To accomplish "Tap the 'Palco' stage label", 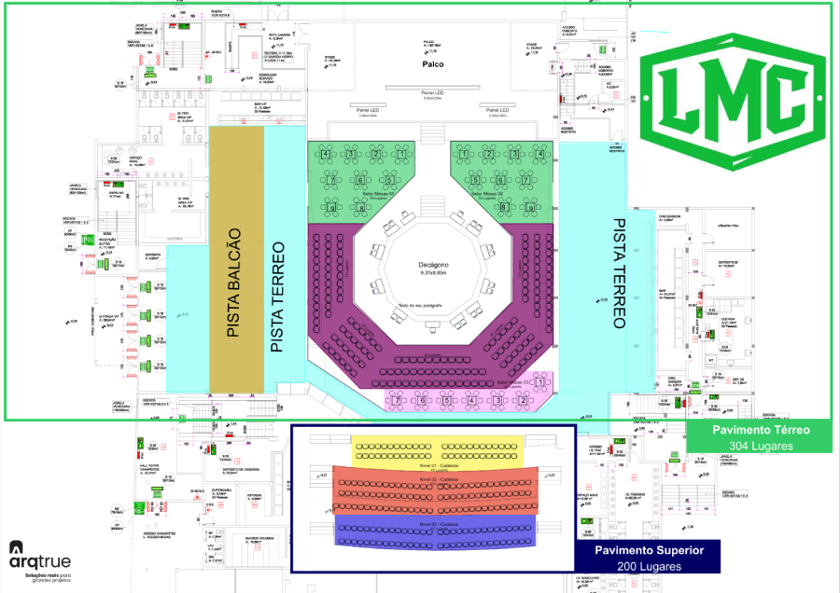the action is tap(431, 64).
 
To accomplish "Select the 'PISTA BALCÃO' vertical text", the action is tap(235, 283).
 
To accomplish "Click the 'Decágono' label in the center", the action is tap(434, 265).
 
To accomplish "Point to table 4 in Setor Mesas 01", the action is tap(325, 153).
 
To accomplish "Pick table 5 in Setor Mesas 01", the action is tap(388, 180).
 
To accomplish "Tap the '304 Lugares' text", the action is tap(761, 446).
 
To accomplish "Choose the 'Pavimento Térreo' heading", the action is tap(761, 430).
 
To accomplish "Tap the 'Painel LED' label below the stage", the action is tap(432, 93).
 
